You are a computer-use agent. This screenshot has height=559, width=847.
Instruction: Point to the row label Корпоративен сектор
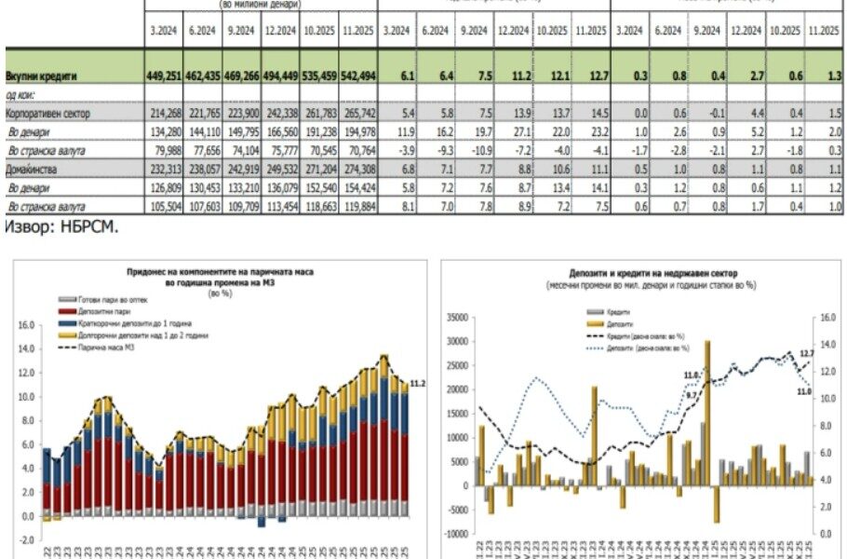tap(48, 112)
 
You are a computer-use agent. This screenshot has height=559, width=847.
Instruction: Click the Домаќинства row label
tap(33, 170)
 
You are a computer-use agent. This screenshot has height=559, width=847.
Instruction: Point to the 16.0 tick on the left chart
tap(25, 325)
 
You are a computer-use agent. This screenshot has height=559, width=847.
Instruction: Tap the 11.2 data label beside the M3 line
tap(418, 383)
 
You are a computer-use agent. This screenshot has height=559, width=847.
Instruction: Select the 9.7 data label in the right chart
tap(692, 395)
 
